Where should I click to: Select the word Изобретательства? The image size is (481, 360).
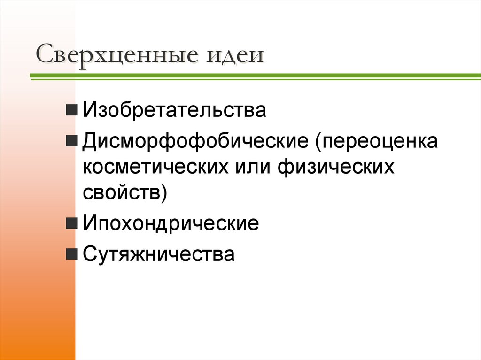pos(175,111)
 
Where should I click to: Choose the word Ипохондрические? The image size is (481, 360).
pos(171,222)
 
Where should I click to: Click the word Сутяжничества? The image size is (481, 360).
pos(159,254)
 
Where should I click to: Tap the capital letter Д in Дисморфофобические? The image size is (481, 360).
pos(90,141)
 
